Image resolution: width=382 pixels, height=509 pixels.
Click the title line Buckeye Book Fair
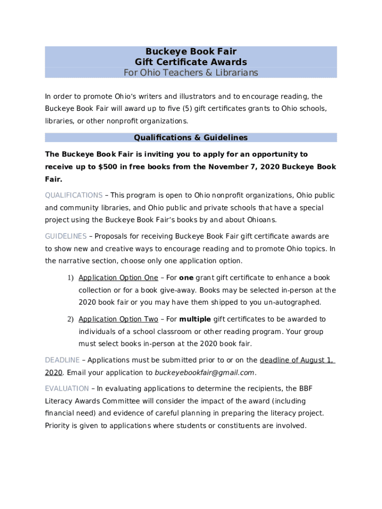click(x=191, y=52)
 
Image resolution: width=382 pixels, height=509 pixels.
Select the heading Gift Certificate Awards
click(x=191, y=62)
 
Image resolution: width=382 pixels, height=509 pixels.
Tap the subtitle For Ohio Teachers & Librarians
click(x=191, y=73)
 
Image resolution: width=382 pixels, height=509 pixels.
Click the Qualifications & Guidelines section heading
click(x=191, y=138)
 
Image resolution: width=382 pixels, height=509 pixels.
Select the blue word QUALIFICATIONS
click(x=74, y=195)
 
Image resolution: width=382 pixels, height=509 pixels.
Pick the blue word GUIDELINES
click(x=65, y=237)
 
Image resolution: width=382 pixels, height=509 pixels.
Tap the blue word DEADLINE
click(x=62, y=360)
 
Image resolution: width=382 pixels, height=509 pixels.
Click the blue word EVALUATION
click(x=67, y=389)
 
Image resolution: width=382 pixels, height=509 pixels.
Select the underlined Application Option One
click(x=118, y=278)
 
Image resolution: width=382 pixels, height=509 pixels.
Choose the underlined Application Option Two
click(x=118, y=319)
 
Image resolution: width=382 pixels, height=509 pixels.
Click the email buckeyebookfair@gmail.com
click(x=204, y=373)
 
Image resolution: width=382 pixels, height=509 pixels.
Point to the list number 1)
click(x=70, y=278)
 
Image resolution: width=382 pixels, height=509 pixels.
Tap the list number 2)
click(x=70, y=319)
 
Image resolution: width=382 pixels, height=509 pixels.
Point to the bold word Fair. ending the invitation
click(x=54, y=179)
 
